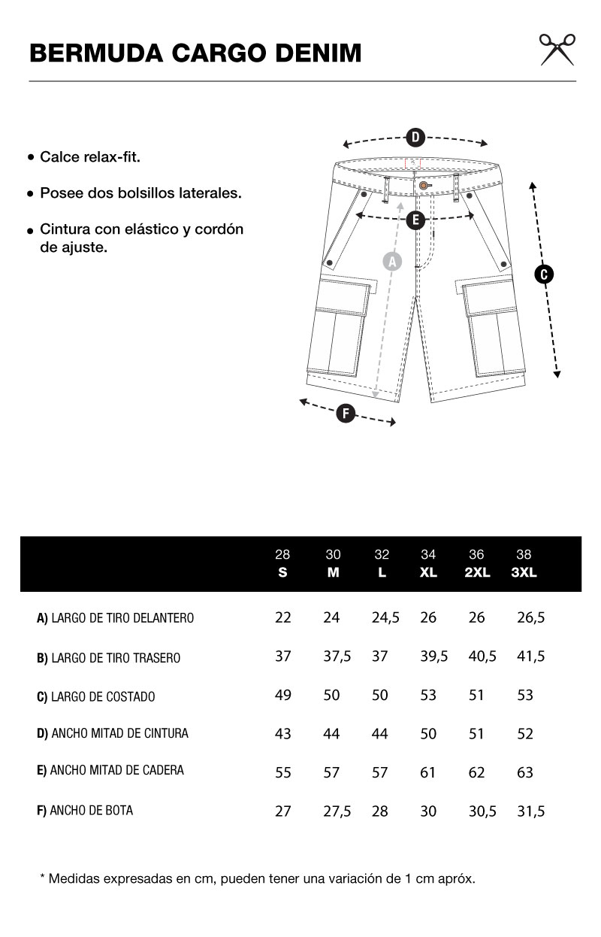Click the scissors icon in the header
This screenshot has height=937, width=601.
tap(557, 49)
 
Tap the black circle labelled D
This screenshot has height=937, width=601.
tap(415, 137)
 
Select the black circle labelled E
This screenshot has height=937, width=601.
tap(415, 220)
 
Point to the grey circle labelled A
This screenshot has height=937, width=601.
tap(392, 261)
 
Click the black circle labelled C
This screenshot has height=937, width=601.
tap(544, 274)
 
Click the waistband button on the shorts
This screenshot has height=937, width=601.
tap(424, 185)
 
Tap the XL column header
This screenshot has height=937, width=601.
tap(428, 572)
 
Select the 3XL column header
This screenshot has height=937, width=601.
tap(524, 572)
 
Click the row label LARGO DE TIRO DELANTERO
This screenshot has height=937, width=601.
tap(116, 618)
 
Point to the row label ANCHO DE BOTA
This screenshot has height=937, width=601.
tap(85, 810)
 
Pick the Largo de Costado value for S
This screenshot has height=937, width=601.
tap(283, 695)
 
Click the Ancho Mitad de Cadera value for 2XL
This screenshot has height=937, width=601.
tap(476, 772)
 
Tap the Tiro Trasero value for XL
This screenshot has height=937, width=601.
tap(433, 657)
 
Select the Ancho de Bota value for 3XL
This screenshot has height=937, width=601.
tap(530, 811)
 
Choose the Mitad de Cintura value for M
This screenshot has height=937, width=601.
tap(331, 734)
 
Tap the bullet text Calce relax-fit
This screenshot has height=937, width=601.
tap(90, 157)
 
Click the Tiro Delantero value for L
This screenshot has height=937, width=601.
tap(385, 617)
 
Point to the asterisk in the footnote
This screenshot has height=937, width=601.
tap(42, 877)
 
